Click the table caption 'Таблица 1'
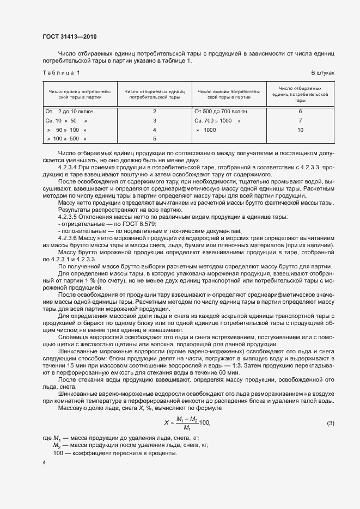61,73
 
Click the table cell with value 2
155,111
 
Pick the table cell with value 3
155,120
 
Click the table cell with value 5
155,139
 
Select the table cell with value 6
300,111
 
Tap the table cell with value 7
300,120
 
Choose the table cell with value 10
300,130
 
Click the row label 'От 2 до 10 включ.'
70,111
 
